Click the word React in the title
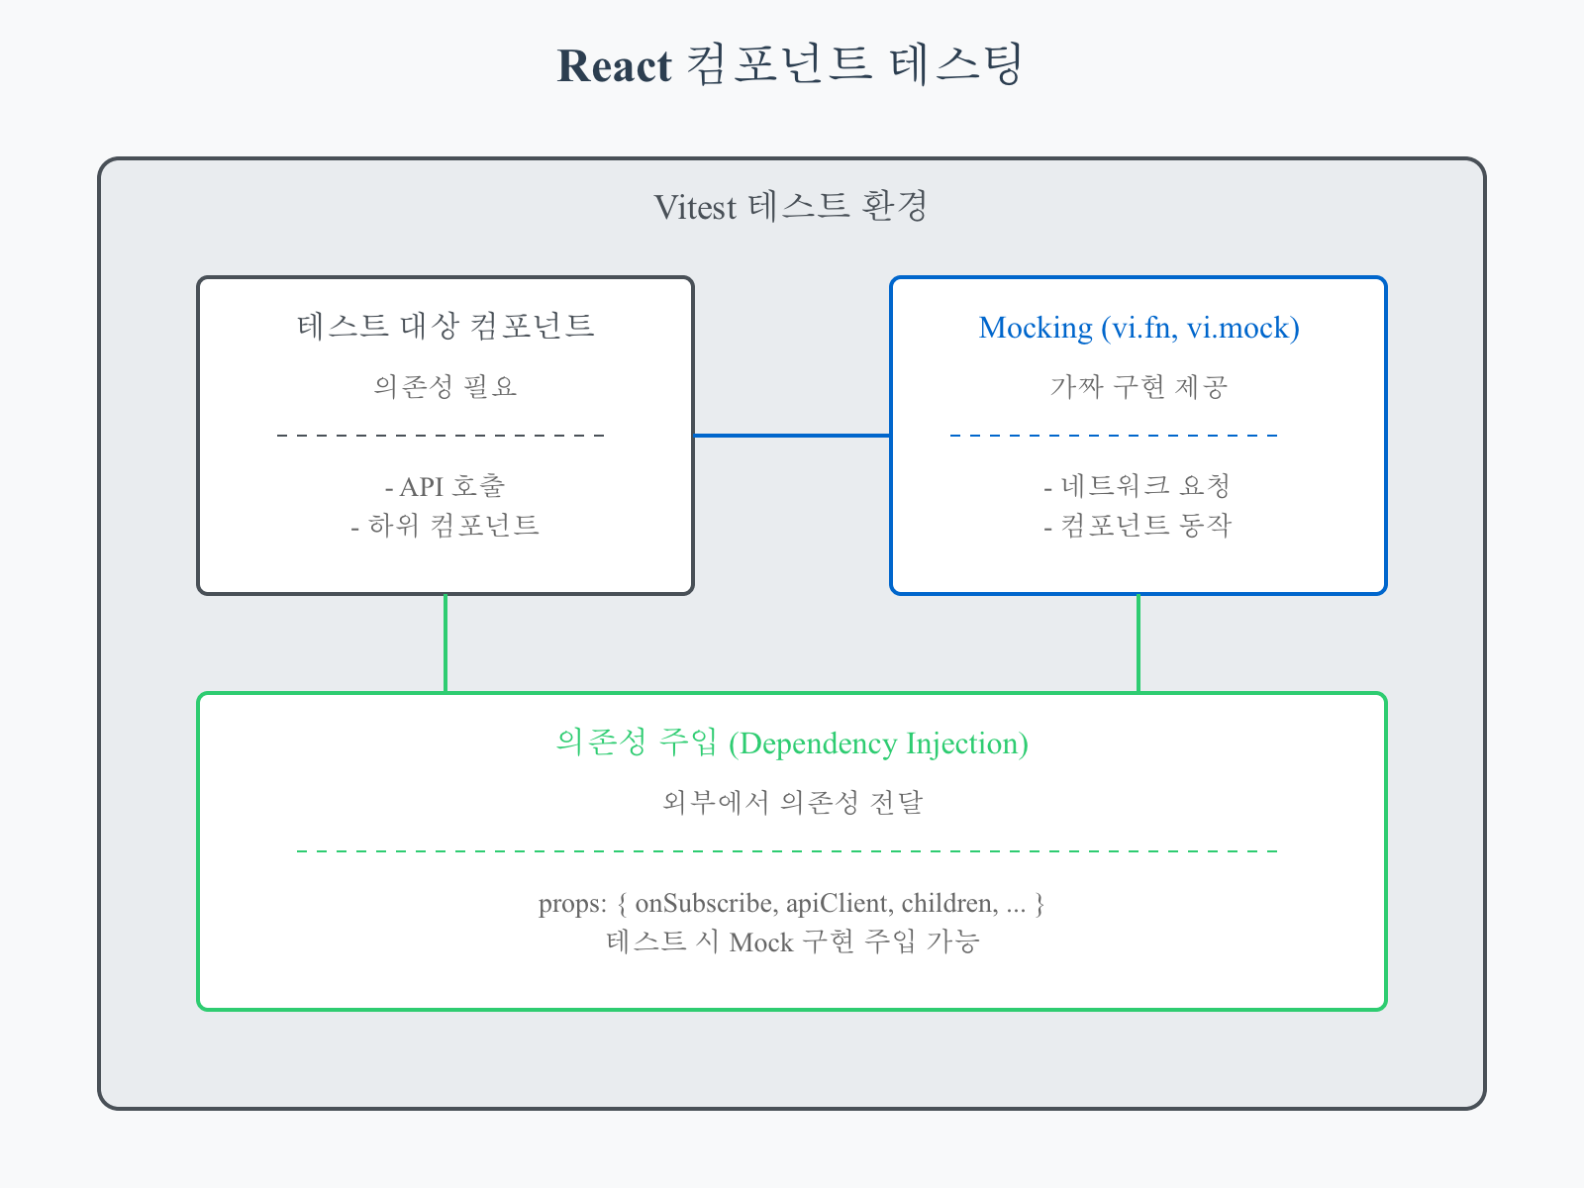[614, 66]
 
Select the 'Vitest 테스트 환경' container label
[790, 207]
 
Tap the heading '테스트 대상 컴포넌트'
[445, 326]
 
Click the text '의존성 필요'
[445, 386]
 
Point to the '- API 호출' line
[445, 486]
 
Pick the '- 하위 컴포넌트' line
[445, 525]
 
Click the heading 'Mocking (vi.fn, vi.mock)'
[1138, 328]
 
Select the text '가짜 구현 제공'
[1138, 386]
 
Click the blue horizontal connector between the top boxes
[792, 435]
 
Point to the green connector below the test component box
[445, 643]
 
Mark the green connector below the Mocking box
[1138, 643]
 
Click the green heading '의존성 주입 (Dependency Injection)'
[792, 742]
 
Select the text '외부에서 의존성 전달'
[792, 802]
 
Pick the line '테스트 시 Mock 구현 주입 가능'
[792, 941]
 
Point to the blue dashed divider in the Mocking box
[1114, 435]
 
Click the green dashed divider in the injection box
[787, 850]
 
